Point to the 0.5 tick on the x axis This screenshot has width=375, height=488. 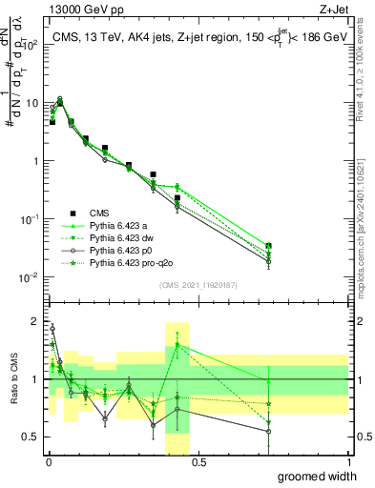(x=198, y=462)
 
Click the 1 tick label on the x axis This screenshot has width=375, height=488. (x=349, y=462)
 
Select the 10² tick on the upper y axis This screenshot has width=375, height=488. (x=31, y=44)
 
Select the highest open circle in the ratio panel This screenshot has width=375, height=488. (x=52, y=328)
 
